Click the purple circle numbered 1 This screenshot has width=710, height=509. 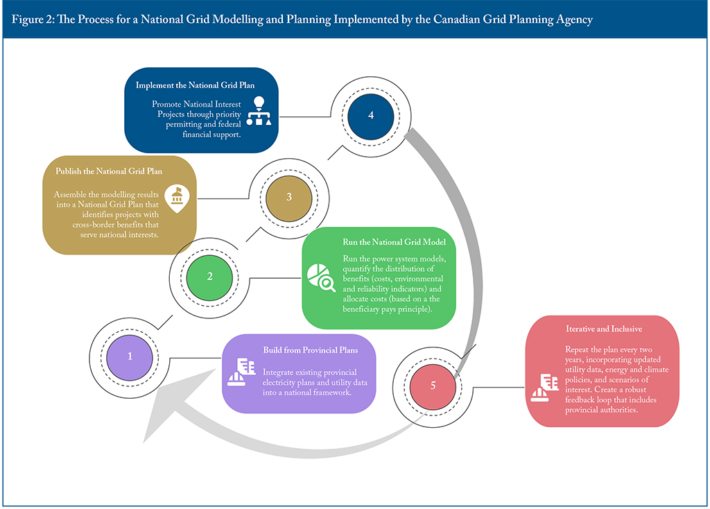130,356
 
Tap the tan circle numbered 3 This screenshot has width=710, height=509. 288,196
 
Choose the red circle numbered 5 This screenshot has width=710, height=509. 433,386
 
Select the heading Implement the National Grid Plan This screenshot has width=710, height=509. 196,85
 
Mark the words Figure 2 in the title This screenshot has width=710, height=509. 32,19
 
